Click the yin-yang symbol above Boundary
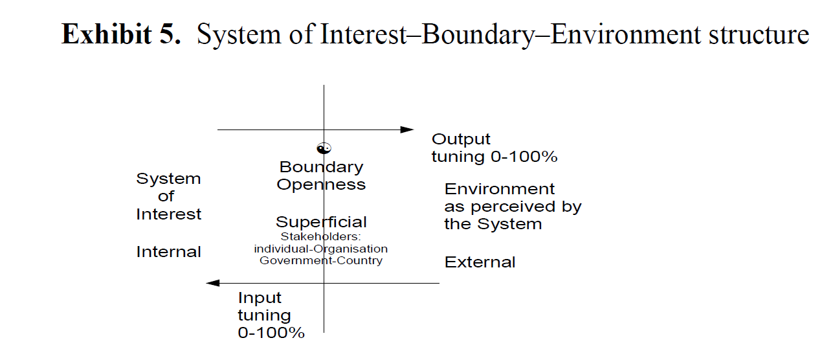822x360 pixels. [x=324, y=148]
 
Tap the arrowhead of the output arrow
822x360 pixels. [x=407, y=129]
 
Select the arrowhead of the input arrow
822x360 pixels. [x=213, y=283]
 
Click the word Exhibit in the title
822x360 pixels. [x=106, y=34]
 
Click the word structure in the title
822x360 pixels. [x=759, y=35]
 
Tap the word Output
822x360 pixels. [x=461, y=139]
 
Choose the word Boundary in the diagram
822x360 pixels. [x=322, y=167]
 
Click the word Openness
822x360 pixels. [x=321, y=185]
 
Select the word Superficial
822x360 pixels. [x=321, y=222]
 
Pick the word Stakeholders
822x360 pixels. [x=321, y=237]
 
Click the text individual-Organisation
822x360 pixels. [x=321, y=249]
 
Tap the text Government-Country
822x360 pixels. [x=321, y=260]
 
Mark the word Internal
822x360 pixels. [x=169, y=252]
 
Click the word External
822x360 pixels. [x=480, y=262]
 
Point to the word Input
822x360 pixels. [x=260, y=298]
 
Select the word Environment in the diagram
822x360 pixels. [x=500, y=189]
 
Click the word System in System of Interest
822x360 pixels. [x=169, y=179]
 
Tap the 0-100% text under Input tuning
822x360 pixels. [x=271, y=333]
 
